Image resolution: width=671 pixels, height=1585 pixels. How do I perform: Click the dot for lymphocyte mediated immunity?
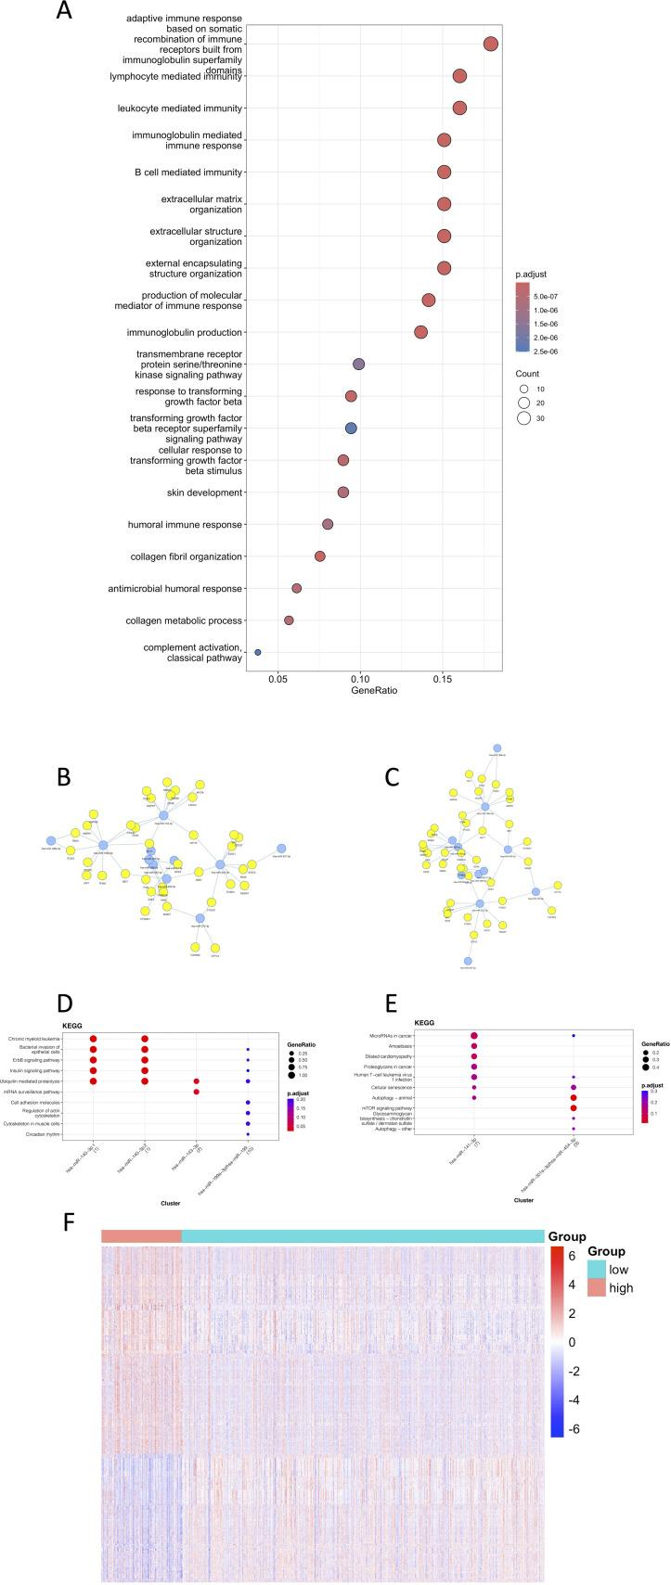459,77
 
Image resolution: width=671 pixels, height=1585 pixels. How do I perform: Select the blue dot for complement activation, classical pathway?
258,652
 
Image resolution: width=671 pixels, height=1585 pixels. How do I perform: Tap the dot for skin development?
343,492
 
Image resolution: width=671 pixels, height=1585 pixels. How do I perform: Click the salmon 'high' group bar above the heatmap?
141,1515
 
